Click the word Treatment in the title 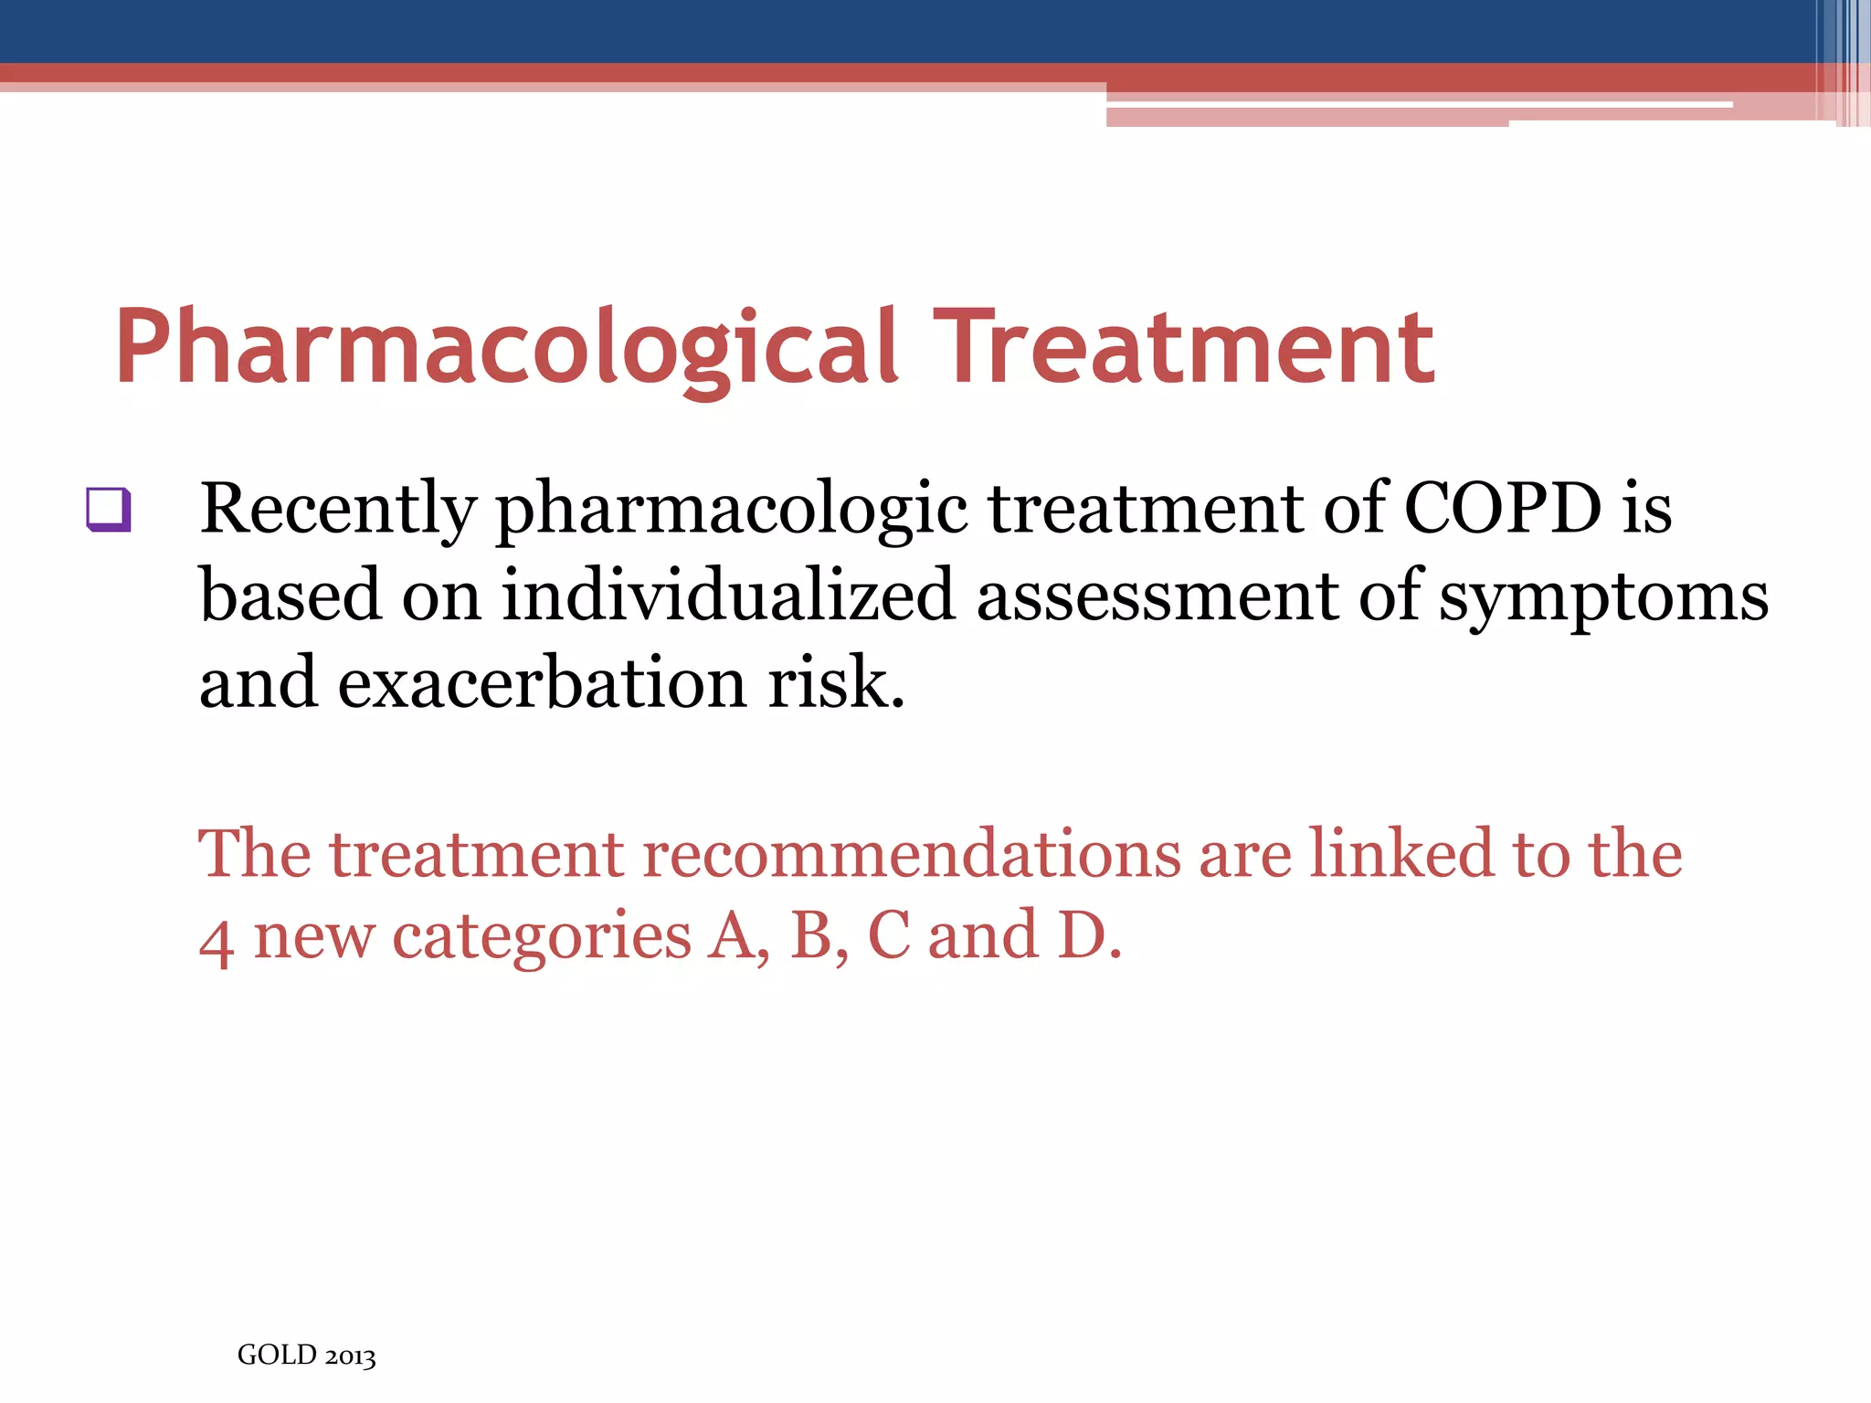point(1183,347)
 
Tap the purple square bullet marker point(110,510)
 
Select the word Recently point(338,508)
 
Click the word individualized point(728,596)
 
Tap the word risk point(835,683)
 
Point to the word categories point(542,938)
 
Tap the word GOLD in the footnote point(277,1355)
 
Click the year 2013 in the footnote point(350,1356)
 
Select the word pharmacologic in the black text point(731,510)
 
